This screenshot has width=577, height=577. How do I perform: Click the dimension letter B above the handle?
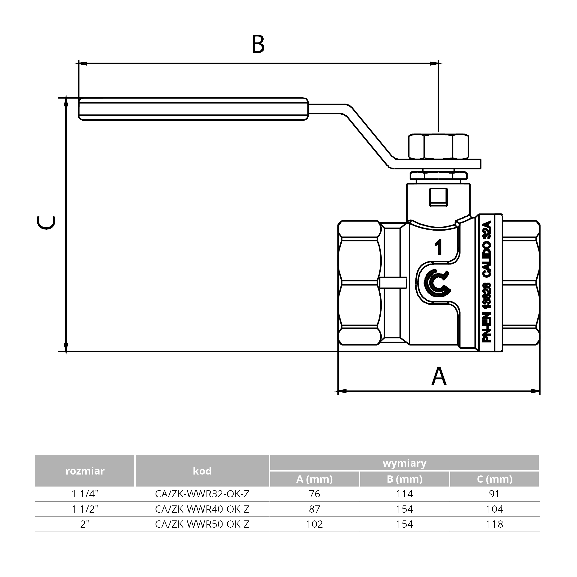tap(258, 44)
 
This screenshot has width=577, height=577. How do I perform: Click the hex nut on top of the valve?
tap(438, 146)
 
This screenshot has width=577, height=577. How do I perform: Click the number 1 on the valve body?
tap(438, 248)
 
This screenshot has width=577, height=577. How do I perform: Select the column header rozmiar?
tap(85, 471)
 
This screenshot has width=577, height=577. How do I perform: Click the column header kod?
tap(202, 471)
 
